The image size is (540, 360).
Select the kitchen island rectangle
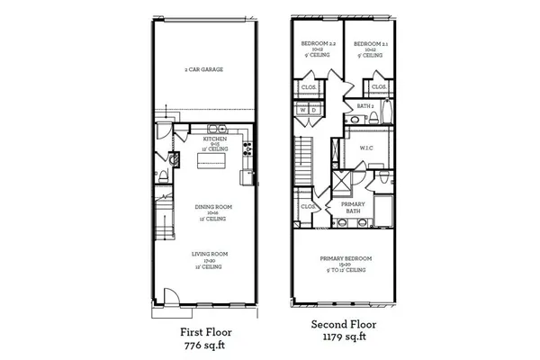tap(212, 160)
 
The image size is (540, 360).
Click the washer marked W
tap(303, 111)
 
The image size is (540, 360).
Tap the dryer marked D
tap(315, 111)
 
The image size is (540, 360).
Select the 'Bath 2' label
tap(364, 105)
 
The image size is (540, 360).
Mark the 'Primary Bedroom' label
tap(346, 259)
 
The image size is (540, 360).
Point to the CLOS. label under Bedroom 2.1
tap(378, 86)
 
